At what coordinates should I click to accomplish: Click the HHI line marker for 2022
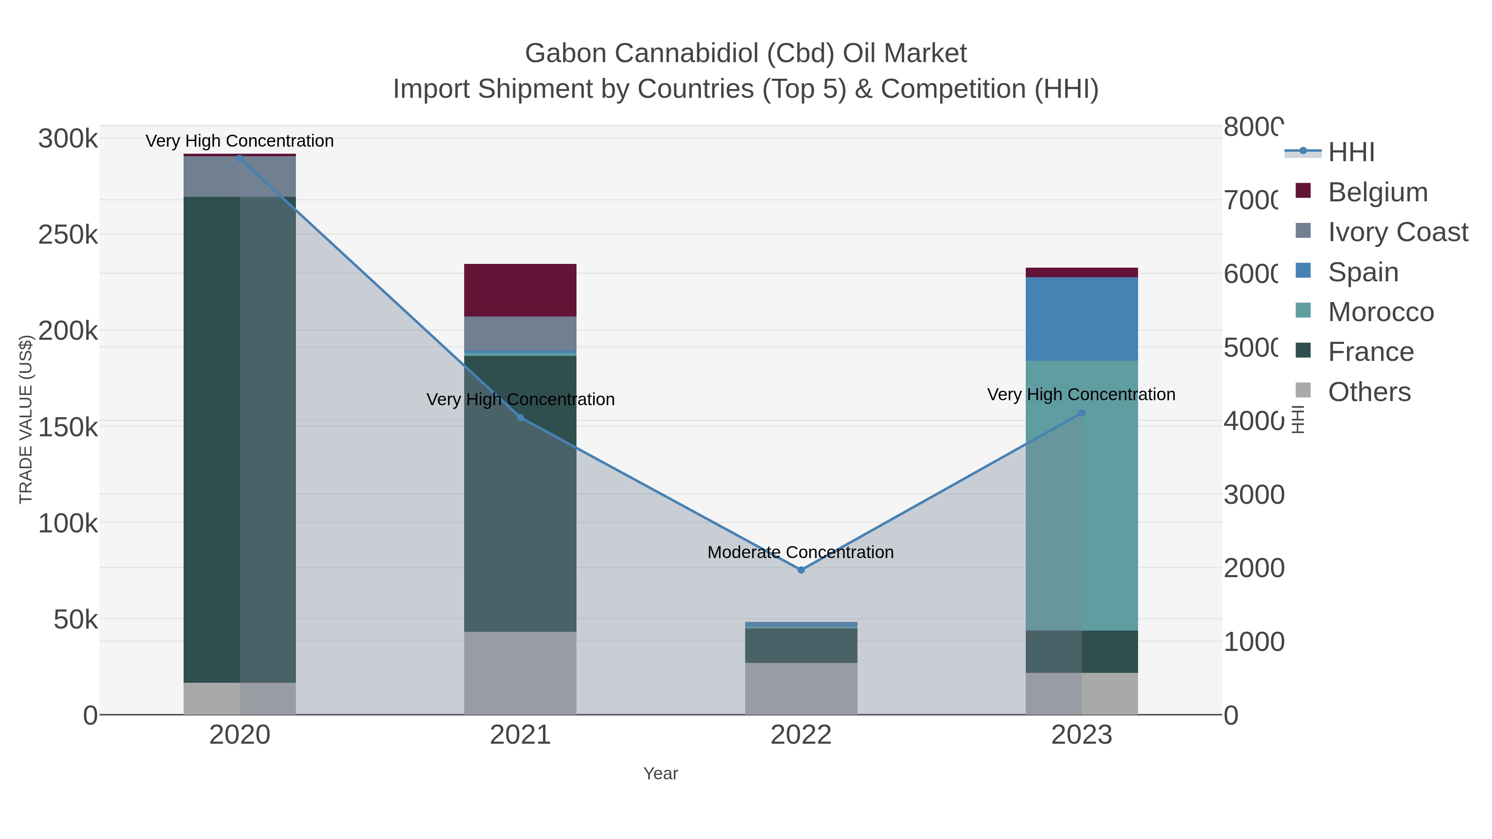coord(801,570)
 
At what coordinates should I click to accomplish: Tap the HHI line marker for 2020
coord(240,159)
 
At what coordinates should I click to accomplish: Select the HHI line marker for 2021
coord(520,418)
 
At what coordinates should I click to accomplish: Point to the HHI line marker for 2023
coord(1081,413)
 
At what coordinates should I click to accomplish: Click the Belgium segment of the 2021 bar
coord(520,290)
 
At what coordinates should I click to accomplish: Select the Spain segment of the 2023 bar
coord(1081,319)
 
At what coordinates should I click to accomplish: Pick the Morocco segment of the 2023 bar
coord(1081,496)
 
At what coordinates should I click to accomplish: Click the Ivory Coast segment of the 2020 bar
coord(240,177)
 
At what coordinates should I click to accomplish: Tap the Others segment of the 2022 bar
coord(801,689)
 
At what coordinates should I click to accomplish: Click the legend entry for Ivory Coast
coord(1398,232)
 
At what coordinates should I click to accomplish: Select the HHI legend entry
coord(1351,152)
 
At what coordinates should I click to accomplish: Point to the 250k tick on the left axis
coord(68,235)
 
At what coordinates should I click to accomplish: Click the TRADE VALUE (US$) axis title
coord(26,419)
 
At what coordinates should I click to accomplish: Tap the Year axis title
coord(660,774)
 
